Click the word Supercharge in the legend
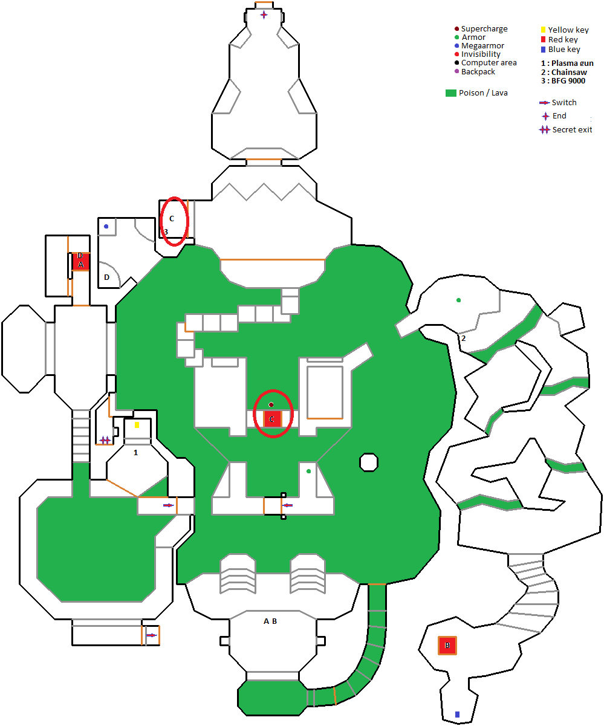tap(484, 29)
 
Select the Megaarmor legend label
tap(482, 46)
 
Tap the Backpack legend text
tap(478, 71)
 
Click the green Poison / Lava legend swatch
tap(450, 93)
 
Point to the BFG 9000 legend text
tap(568, 81)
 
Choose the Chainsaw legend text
tap(570, 72)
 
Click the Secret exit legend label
tap(572, 129)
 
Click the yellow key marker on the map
tap(137, 425)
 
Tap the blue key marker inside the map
tap(457, 715)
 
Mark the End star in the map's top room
tap(264, 15)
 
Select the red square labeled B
tap(447, 646)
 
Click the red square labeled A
tap(81, 264)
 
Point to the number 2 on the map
tap(464, 338)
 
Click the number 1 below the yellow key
tap(135, 452)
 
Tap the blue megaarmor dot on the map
tap(106, 227)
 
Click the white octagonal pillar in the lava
tap(368, 462)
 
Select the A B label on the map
tap(270, 621)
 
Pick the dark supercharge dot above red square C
tap(271, 404)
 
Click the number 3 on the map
tap(166, 232)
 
